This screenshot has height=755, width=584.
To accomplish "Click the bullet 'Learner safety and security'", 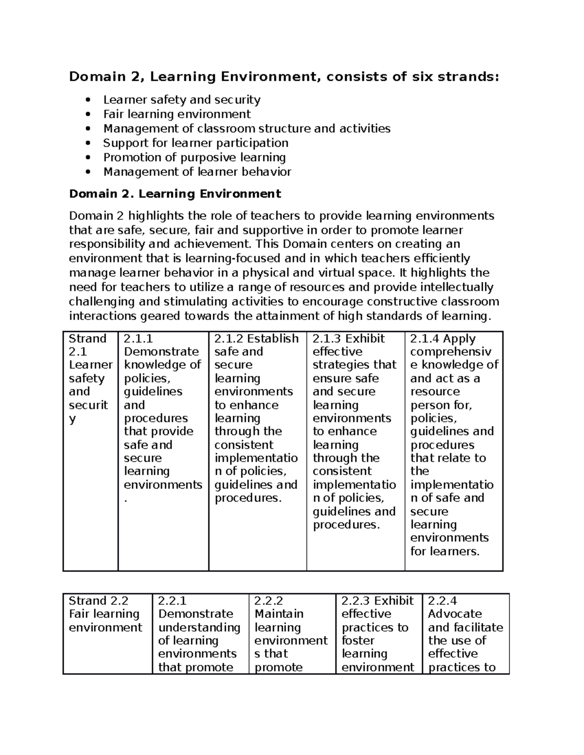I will click(182, 100).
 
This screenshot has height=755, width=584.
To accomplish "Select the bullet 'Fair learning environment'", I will click(177, 114).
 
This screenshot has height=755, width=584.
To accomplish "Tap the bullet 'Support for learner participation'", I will click(196, 143).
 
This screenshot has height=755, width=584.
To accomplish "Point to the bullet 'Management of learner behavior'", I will click(197, 172).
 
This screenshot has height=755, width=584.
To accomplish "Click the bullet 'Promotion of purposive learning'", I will click(194, 158).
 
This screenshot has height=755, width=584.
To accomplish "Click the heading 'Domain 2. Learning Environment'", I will click(175, 194).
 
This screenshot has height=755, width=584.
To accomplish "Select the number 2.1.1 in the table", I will click(138, 339).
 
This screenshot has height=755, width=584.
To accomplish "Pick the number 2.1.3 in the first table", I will click(327, 339).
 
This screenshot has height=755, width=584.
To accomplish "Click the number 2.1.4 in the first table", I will click(425, 339).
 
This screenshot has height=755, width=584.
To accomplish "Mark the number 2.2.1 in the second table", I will click(173, 601).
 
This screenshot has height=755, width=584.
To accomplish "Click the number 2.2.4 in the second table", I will click(442, 601).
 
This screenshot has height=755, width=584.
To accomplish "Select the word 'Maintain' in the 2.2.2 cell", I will click(279, 614).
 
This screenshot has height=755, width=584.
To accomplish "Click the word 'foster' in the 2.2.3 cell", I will click(358, 641).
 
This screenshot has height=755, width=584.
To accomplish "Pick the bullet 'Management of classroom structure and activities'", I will click(247, 129).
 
